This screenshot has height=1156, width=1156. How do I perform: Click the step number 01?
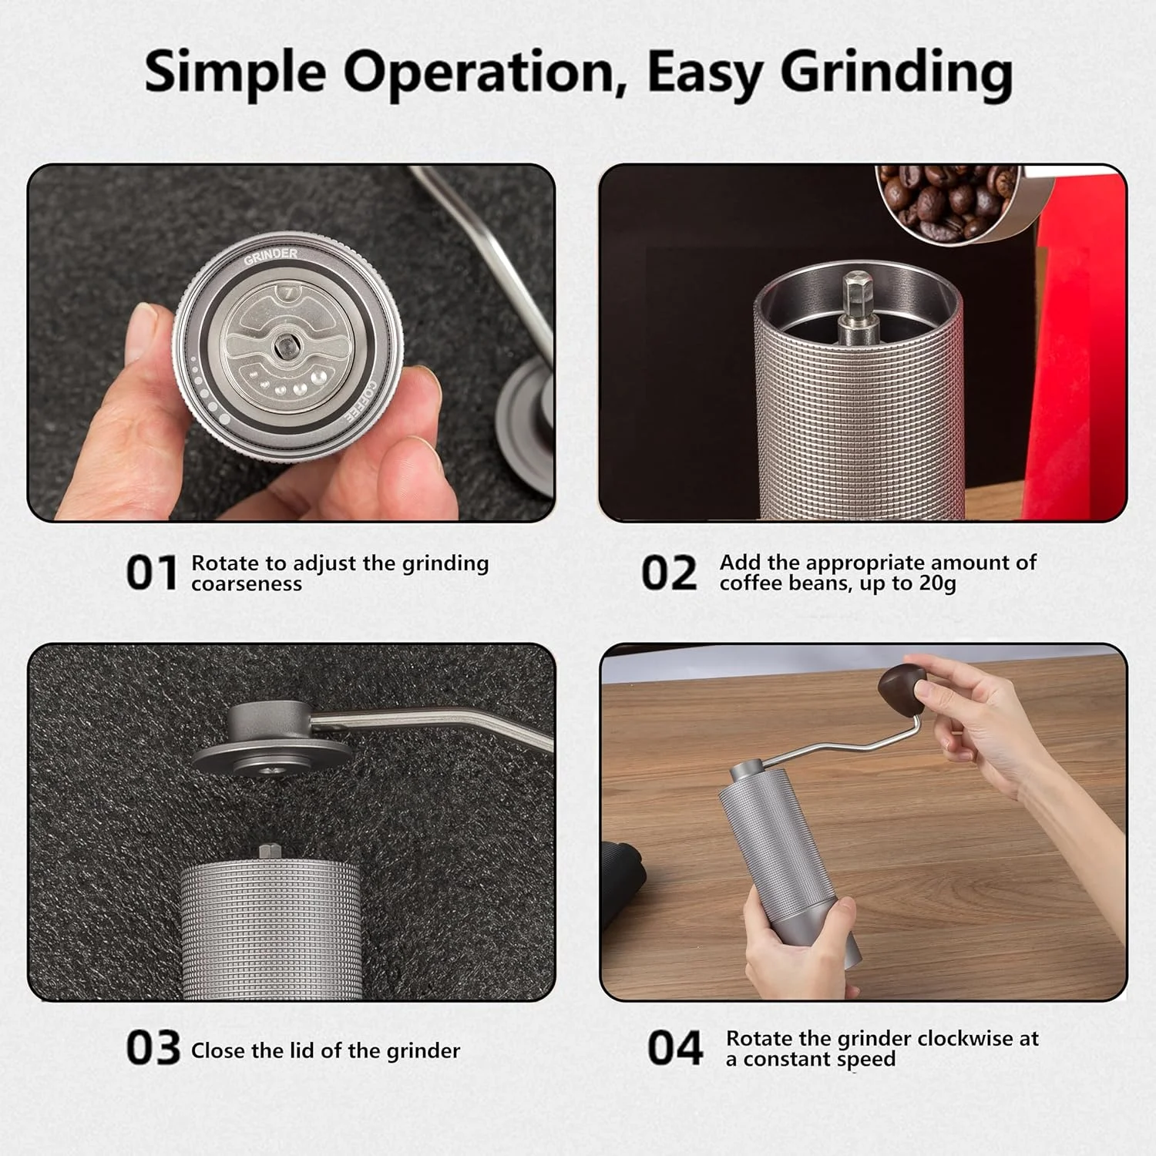click(x=152, y=573)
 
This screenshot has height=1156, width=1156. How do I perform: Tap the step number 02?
click(x=669, y=573)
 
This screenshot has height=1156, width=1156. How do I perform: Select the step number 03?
click(x=153, y=1049)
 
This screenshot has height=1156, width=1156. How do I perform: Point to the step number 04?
click(x=675, y=1049)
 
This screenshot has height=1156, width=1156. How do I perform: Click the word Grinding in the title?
click(x=896, y=73)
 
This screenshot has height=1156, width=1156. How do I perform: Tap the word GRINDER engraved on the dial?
click(x=271, y=256)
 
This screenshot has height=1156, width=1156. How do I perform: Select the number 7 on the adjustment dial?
click(x=288, y=293)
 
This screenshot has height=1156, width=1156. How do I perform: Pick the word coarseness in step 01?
click(x=247, y=583)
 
